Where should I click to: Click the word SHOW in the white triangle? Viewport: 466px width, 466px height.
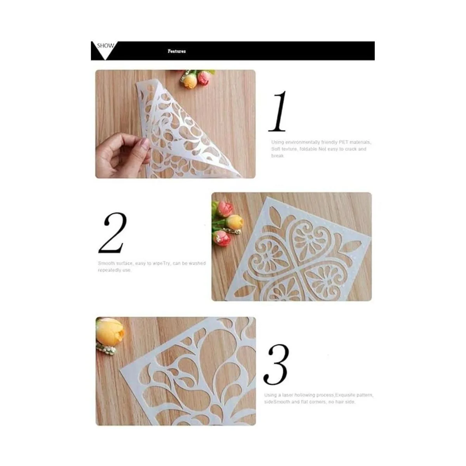pos(105,45)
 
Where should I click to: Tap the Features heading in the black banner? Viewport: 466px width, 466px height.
pos(177,51)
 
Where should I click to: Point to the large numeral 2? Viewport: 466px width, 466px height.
pos(113,233)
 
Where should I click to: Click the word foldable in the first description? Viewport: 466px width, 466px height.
pos(308,149)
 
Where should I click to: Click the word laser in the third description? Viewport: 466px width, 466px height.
pos(289,395)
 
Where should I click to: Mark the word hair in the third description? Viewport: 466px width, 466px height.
pos(339,402)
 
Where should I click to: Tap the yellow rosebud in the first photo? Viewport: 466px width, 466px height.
pos(190,81)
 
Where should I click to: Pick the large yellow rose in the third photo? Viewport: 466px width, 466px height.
pos(110,331)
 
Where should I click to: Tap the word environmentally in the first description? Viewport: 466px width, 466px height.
pos(301,142)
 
